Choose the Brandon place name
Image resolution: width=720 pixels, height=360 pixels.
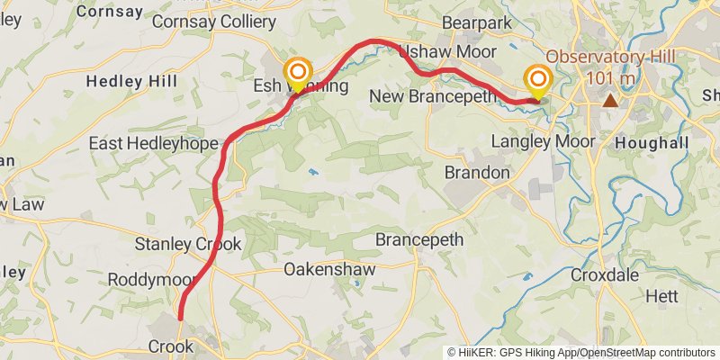pyautogui.click(x=478, y=172)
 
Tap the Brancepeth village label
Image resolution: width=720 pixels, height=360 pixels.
pyautogui.click(x=418, y=240)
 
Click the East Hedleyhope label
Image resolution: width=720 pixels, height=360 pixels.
pyautogui.click(x=153, y=144)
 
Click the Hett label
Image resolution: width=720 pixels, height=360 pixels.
pyautogui.click(x=661, y=295)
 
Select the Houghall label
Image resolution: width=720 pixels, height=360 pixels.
pyautogui.click(x=652, y=143)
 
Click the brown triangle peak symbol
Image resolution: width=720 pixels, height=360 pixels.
pyautogui.click(x=610, y=100)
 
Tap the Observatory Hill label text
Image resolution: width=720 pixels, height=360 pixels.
pyautogui.click(x=610, y=58)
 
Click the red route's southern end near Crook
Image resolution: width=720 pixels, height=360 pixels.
pyautogui.click(x=180, y=318)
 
